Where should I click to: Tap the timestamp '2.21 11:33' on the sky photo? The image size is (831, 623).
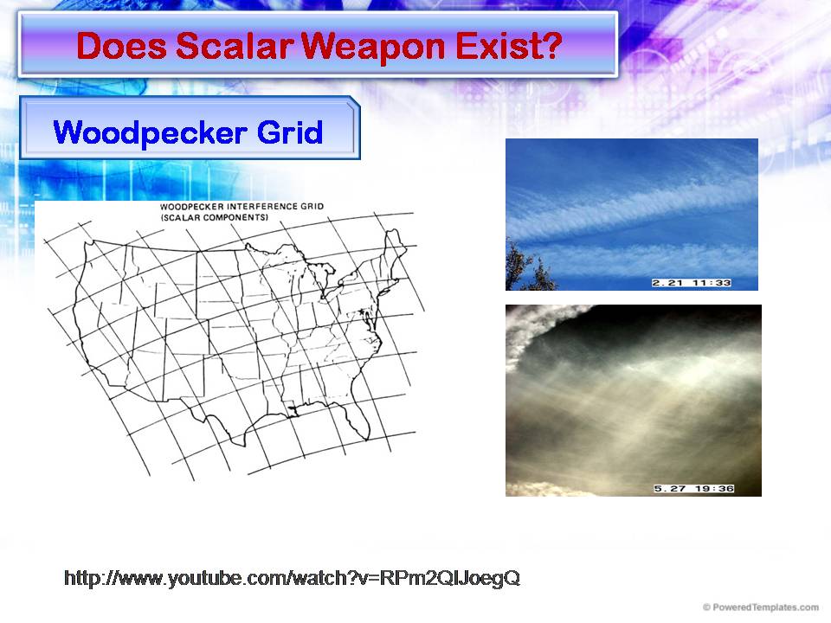pos(692,283)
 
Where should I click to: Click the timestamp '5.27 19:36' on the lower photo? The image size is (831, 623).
pos(693,489)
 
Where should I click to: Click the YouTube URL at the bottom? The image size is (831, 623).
pos(292,578)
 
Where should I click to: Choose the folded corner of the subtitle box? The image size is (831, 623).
pos(352,106)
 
